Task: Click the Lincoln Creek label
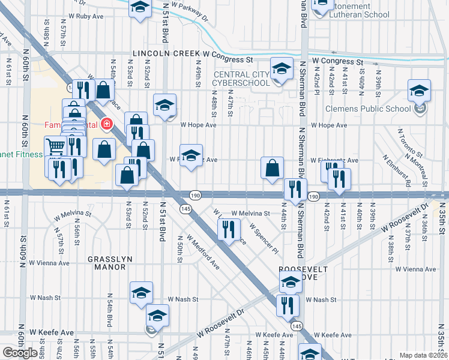point(167,53)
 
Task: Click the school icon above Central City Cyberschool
point(280,69)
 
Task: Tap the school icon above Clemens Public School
point(419,91)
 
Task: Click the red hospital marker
point(107,124)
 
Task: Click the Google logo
point(19,353)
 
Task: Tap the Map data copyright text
point(423,355)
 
